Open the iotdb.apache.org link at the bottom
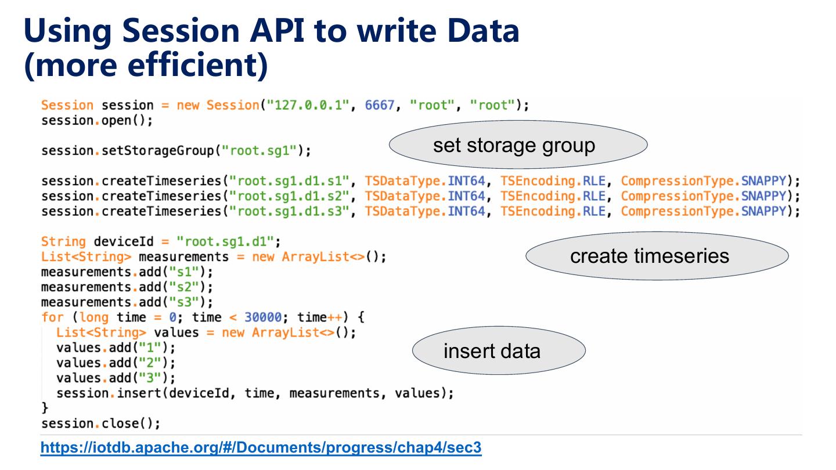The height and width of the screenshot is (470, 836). [x=261, y=448]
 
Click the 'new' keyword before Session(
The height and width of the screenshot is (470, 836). [x=189, y=106]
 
